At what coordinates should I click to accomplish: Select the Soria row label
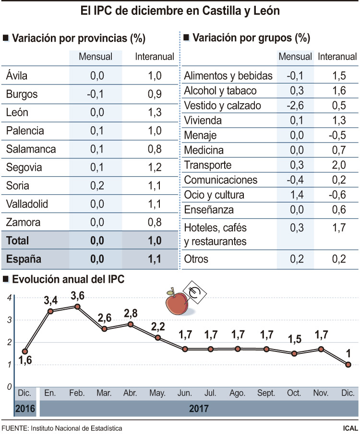point(18,186)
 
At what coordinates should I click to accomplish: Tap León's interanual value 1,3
point(155,112)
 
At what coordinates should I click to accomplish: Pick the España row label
point(24,259)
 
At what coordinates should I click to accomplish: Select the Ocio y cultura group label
point(214,195)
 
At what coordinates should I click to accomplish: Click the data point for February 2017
point(77,306)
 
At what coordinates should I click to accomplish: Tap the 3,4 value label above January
point(51,301)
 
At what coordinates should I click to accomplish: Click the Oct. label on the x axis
point(294,393)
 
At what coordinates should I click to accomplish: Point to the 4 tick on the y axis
point(9,298)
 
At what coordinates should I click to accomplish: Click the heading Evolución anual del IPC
point(68,279)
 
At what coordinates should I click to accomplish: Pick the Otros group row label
point(196,259)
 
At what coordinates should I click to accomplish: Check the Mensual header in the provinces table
point(95,57)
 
